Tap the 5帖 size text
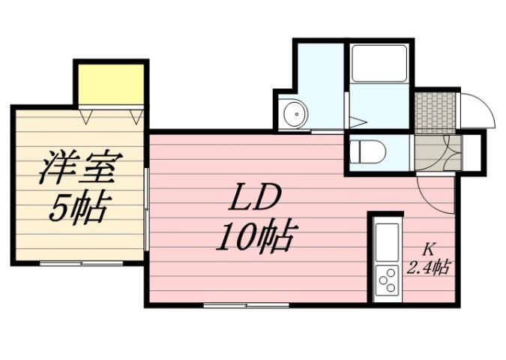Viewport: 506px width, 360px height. (78, 207)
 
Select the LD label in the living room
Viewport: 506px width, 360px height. (255, 199)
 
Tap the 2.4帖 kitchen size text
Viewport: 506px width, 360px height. (429, 266)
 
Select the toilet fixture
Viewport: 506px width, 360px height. (367, 152)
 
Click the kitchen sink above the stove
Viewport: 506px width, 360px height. (388, 242)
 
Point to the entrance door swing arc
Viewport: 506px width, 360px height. (477, 111)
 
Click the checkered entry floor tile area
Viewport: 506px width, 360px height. (436, 111)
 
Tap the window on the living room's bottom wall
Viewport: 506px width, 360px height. (246, 305)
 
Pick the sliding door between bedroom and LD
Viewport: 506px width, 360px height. (147, 210)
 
